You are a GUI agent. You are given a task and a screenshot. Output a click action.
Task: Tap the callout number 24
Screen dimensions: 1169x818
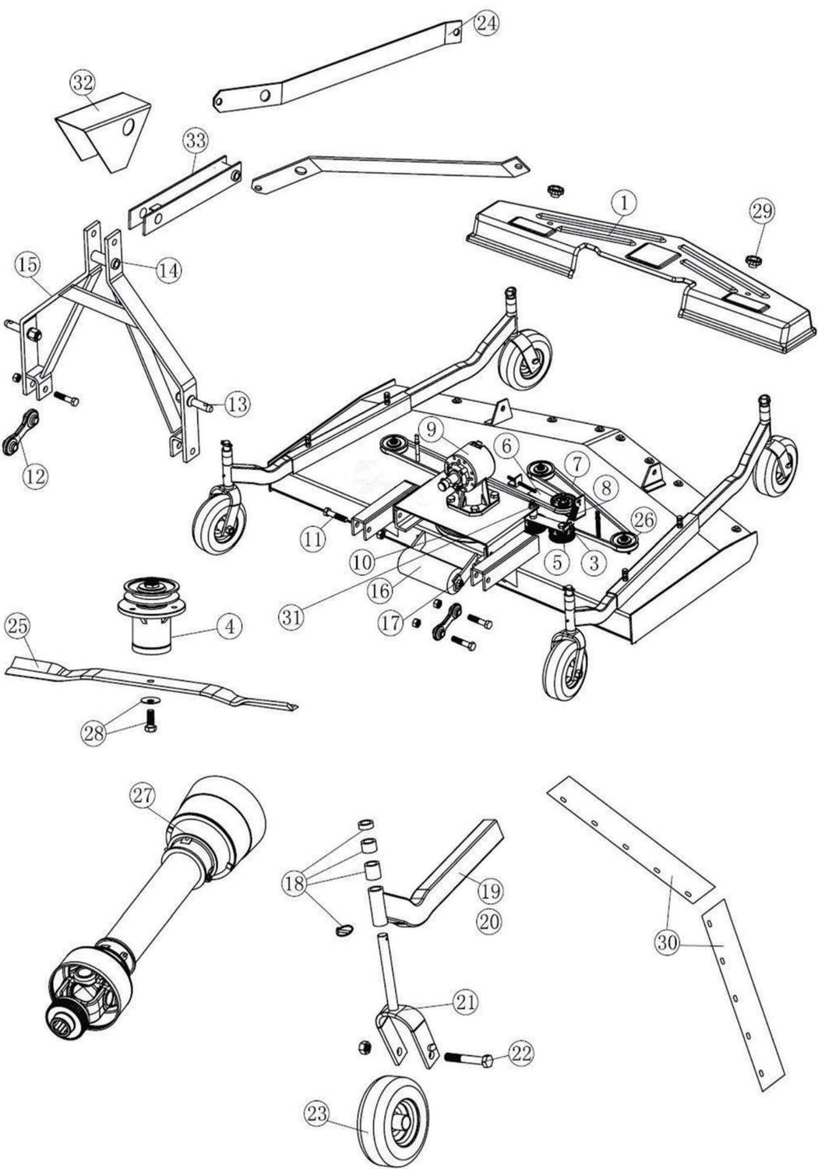pos(485,23)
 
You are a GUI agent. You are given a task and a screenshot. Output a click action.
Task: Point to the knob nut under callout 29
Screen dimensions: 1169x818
pos(753,259)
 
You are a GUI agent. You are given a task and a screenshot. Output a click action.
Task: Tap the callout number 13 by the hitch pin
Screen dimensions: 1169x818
pos(238,404)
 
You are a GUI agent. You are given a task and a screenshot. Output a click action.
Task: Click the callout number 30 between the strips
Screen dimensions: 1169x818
pos(667,943)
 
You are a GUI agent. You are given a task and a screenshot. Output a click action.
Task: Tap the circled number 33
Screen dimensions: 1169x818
pos(196,141)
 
